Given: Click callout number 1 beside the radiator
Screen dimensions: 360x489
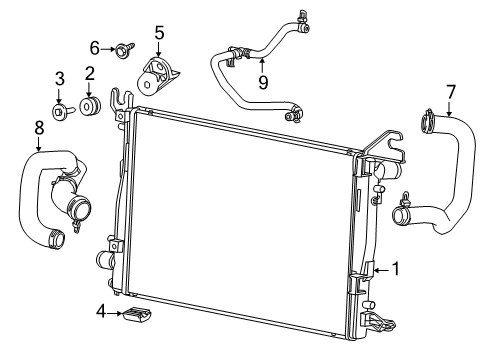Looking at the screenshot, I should tap(396, 268).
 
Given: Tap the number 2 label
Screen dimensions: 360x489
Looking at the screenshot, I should tap(89, 73).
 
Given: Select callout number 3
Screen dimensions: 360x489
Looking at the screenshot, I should tap(60, 79).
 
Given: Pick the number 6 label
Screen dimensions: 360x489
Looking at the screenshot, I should tap(95, 46).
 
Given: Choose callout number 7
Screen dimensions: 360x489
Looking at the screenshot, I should tap(452, 93).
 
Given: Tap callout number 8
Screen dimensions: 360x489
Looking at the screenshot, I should tap(39, 128).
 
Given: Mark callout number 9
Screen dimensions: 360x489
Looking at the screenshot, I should tap(263, 81).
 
